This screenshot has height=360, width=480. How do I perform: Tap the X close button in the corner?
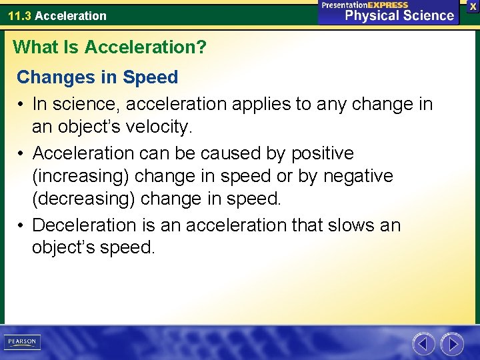473,6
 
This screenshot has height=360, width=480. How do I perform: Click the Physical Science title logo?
399,15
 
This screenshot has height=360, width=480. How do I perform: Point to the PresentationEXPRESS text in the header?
365,5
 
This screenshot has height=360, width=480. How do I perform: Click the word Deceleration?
95,225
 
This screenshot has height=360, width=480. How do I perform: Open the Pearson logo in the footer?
23,342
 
